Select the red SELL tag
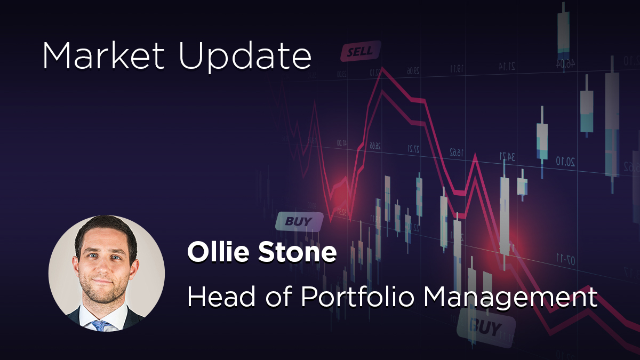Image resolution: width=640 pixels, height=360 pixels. click(361, 52)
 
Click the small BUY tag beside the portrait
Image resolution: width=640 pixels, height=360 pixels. click(299, 221)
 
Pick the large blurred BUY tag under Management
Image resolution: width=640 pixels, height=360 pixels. click(486, 326)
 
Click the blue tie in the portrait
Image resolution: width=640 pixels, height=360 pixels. click(99, 324)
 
